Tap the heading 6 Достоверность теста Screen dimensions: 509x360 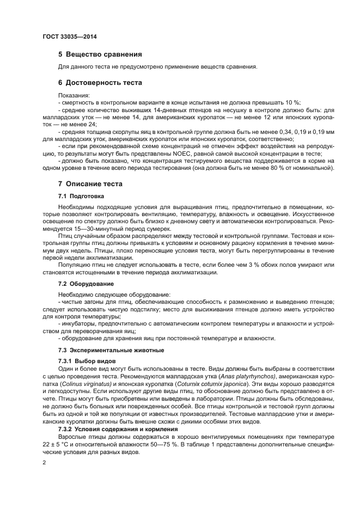pos(100,83)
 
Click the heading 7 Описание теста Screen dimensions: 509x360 pos(90,184)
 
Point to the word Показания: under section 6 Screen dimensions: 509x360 pos(74,95)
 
